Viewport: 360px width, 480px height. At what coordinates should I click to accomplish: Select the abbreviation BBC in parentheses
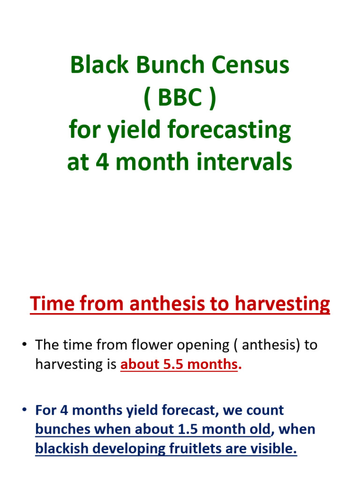point(180,98)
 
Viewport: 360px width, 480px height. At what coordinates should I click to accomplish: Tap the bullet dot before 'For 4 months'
point(24,411)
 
